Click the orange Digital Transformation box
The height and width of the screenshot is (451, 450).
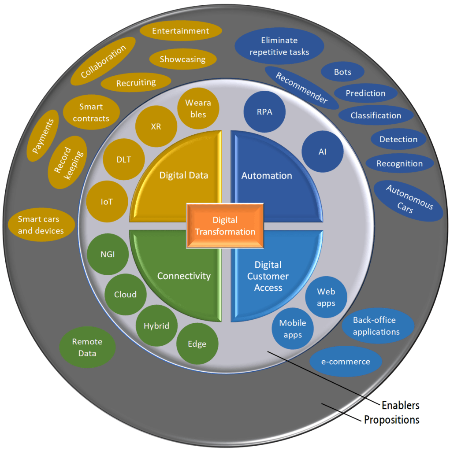(x=225, y=225)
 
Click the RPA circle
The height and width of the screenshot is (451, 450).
(x=264, y=112)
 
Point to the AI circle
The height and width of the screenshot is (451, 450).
(x=322, y=152)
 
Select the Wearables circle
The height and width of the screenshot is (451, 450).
(x=198, y=108)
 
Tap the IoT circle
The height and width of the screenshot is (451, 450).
(x=107, y=202)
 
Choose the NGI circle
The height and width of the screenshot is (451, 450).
(x=108, y=254)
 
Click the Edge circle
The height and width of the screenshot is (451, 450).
(x=197, y=344)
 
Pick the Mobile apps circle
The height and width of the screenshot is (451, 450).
(x=293, y=329)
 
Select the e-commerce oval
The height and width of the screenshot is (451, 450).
(x=346, y=362)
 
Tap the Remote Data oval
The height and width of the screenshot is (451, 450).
(x=87, y=347)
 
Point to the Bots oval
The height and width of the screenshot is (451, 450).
(x=342, y=72)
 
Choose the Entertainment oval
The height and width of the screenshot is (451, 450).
(x=180, y=31)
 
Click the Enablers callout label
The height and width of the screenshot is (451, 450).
(x=400, y=405)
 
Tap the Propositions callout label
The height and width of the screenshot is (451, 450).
(x=391, y=420)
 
